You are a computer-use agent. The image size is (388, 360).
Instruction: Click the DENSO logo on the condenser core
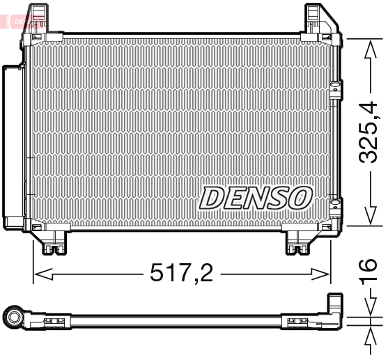[x=255, y=197]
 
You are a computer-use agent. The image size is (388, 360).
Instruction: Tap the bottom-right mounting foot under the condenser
[x=301, y=242]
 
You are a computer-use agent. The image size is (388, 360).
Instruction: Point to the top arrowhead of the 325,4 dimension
[x=368, y=43]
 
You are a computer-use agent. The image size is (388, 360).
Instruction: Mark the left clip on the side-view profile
[x=54, y=321]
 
